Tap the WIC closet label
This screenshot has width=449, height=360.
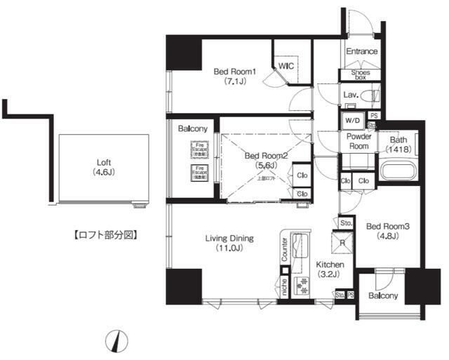point(286,65)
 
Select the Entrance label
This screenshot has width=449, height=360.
point(362,51)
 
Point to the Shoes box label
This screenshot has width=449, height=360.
point(360,74)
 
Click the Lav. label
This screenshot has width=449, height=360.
point(351,95)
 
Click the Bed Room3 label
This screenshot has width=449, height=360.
point(382,231)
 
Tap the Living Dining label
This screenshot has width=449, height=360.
point(229,243)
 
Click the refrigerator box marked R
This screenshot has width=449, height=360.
point(342,244)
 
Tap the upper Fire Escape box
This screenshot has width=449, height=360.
point(201,149)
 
